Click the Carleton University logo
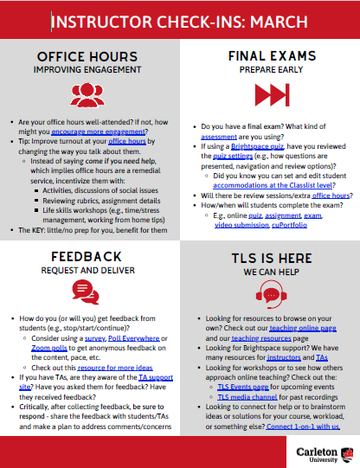coord(320,452)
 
